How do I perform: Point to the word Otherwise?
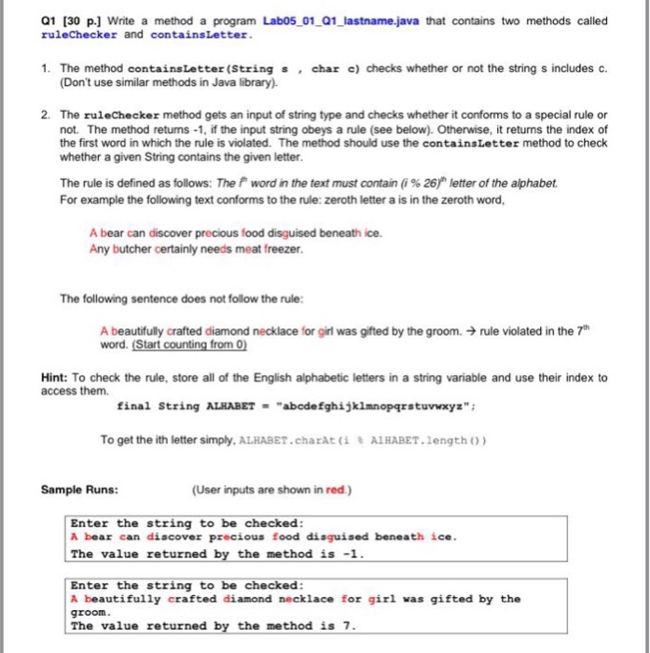[461, 128]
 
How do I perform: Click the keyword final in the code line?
[133, 406]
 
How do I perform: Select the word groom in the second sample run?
[90, 612]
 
